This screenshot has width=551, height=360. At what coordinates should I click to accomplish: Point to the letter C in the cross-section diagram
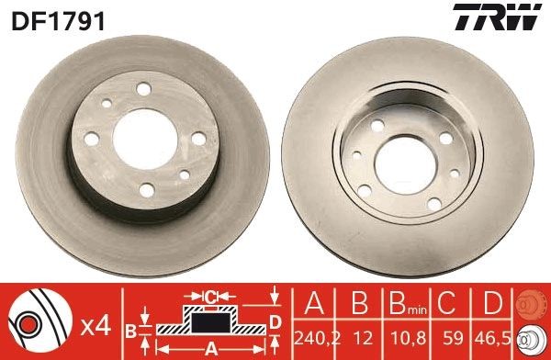pos(209,297)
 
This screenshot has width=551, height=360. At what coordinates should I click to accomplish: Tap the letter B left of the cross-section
pos(130,328)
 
